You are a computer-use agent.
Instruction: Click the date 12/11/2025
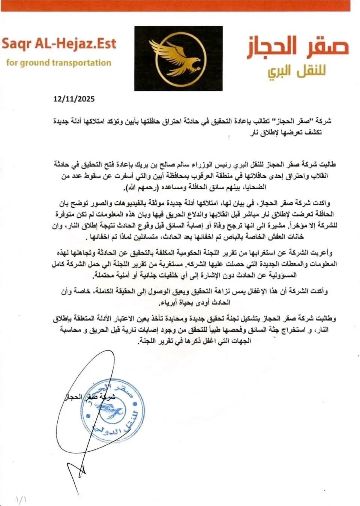74,99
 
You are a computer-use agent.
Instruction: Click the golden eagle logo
178,58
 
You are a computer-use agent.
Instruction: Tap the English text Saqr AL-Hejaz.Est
59,43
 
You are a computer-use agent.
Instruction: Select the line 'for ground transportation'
59,62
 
